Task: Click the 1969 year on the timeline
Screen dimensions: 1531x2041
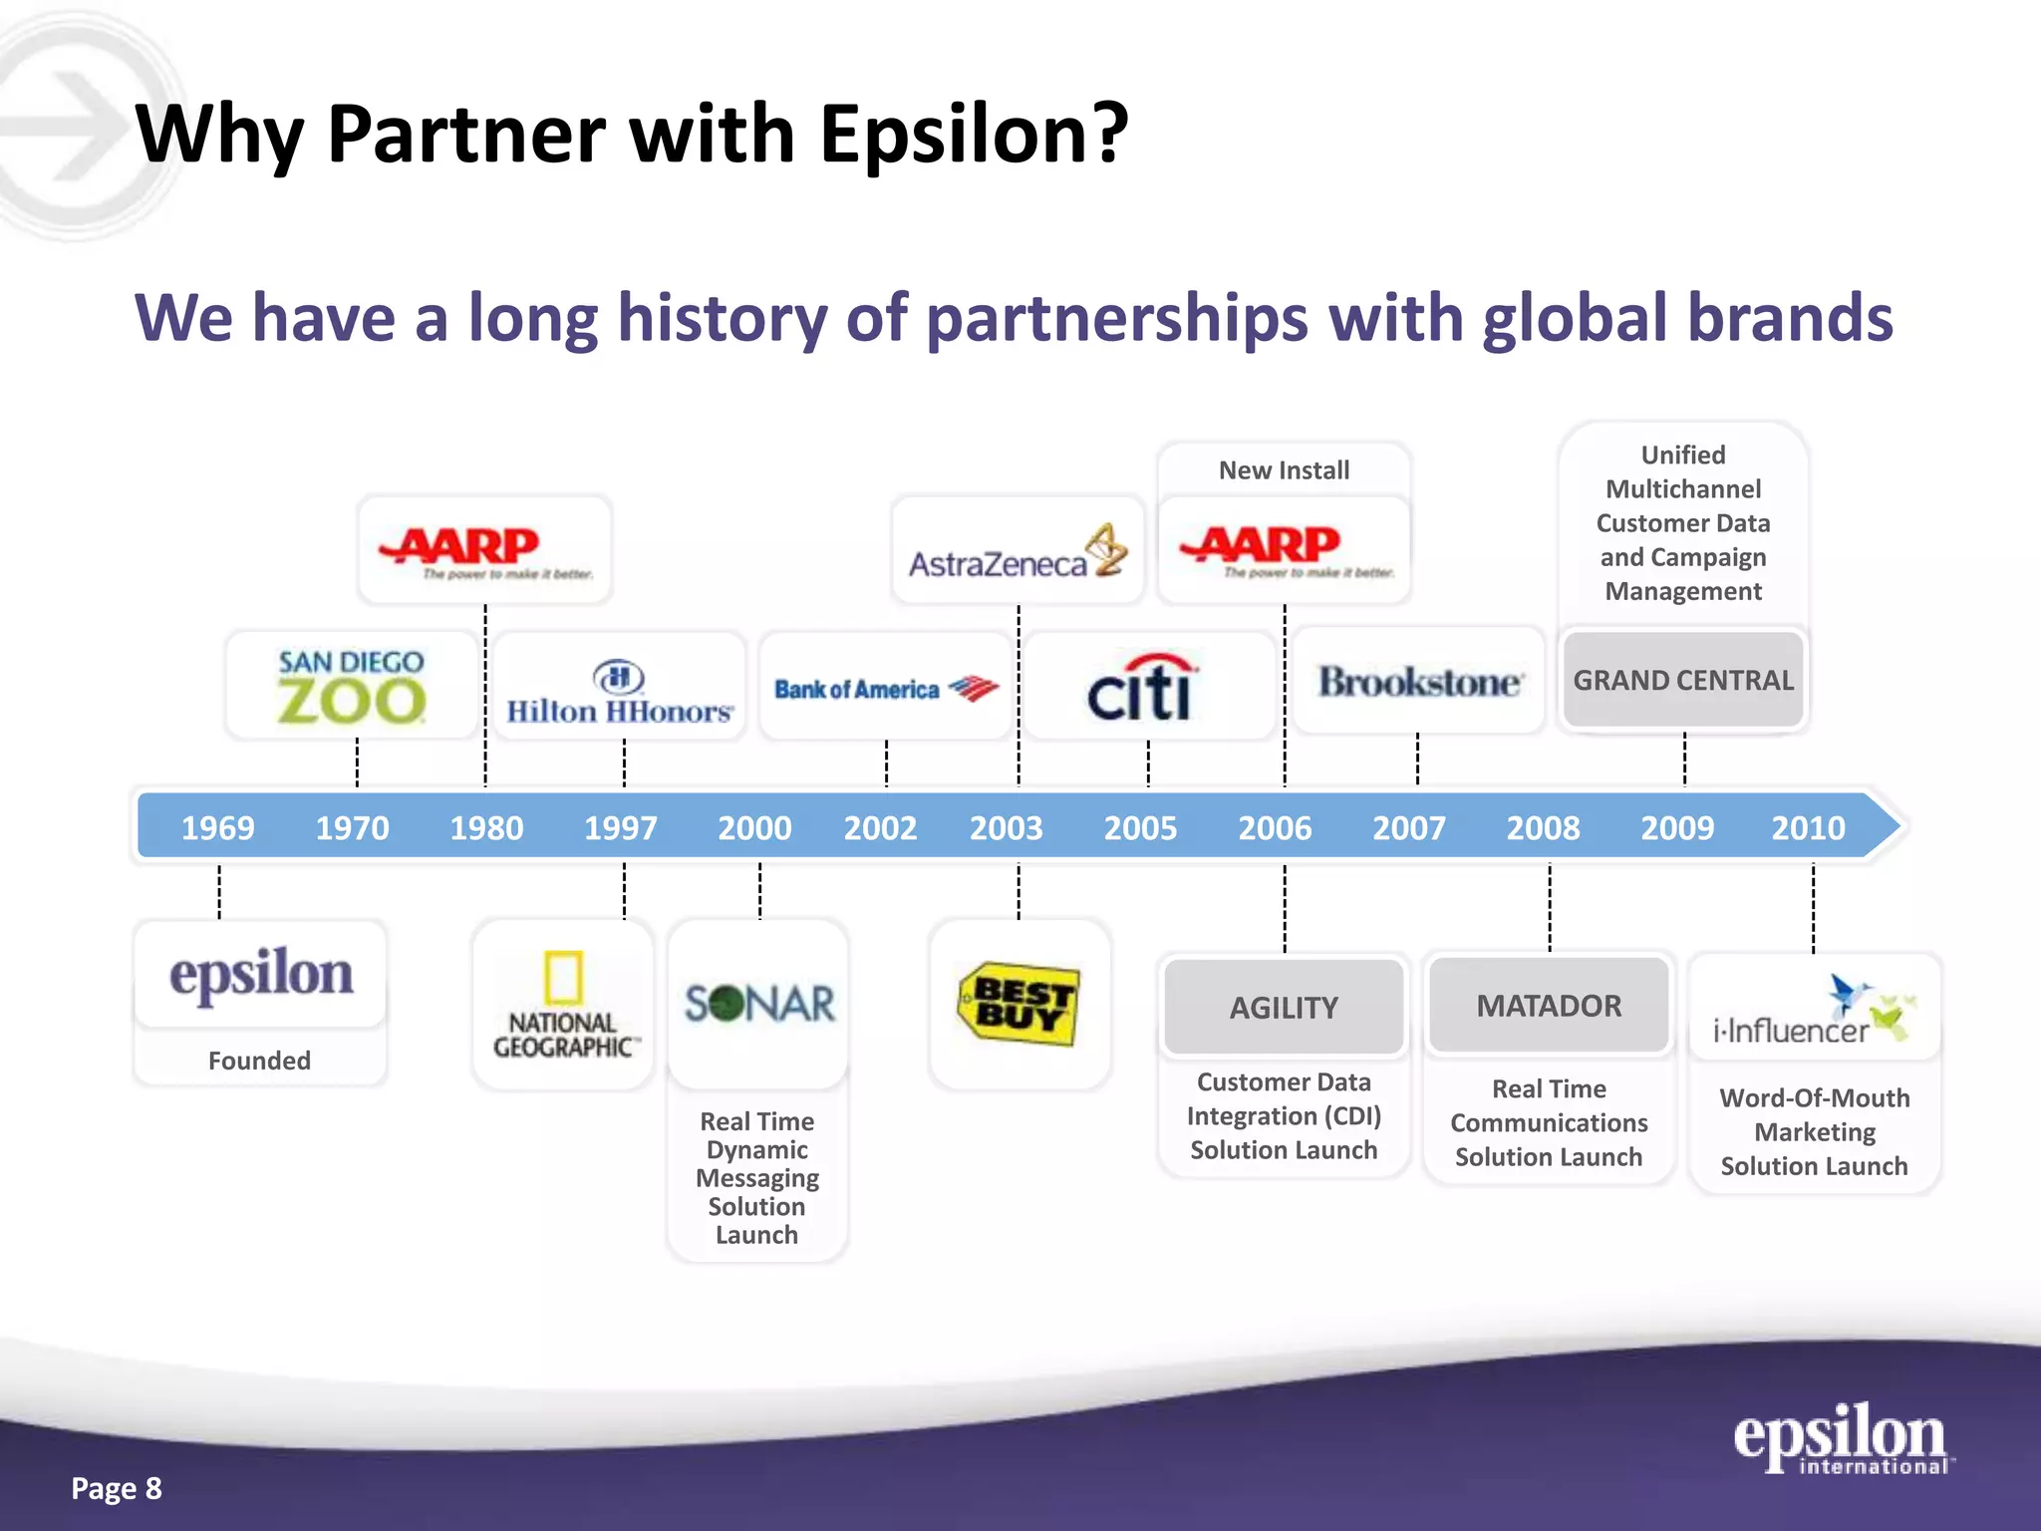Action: (x=217, y=827)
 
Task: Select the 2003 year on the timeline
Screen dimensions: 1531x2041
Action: (x=1006, y=827)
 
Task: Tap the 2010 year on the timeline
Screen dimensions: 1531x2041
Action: (x=1808, y=827)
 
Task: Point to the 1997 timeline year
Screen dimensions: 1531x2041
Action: (x=620, y=827)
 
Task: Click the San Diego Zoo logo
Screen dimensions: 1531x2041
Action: (x=351, y=687)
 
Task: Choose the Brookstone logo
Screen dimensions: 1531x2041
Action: (x=1419, y=682)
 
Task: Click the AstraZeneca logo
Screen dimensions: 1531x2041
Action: (x=1018, y=552)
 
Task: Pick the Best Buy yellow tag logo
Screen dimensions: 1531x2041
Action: (x=1019, y=1003)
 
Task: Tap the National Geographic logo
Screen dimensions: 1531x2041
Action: (x=563, y=1006)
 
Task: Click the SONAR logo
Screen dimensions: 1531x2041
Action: (x=758, y=1004)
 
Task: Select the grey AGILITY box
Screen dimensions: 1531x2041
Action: (x=1284, y=1007)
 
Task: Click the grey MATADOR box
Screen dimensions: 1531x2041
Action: (x=1549, y=1005)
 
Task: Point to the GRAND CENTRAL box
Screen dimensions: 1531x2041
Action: (x=1683, y=680)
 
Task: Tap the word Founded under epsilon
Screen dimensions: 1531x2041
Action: (x=259, y=1061)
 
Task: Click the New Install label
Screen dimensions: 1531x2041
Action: (x=1284, y=469)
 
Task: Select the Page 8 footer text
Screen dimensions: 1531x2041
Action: (x=117, y=1488)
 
